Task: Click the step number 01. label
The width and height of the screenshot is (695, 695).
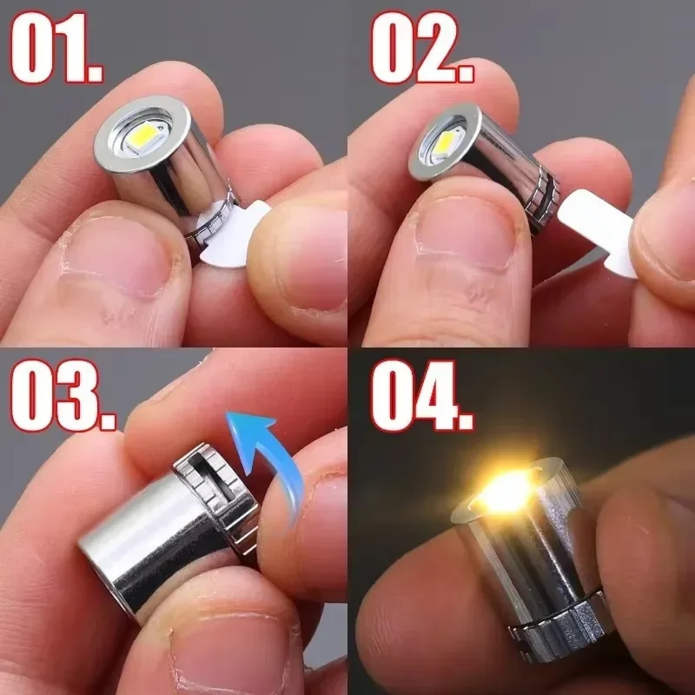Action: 56,48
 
